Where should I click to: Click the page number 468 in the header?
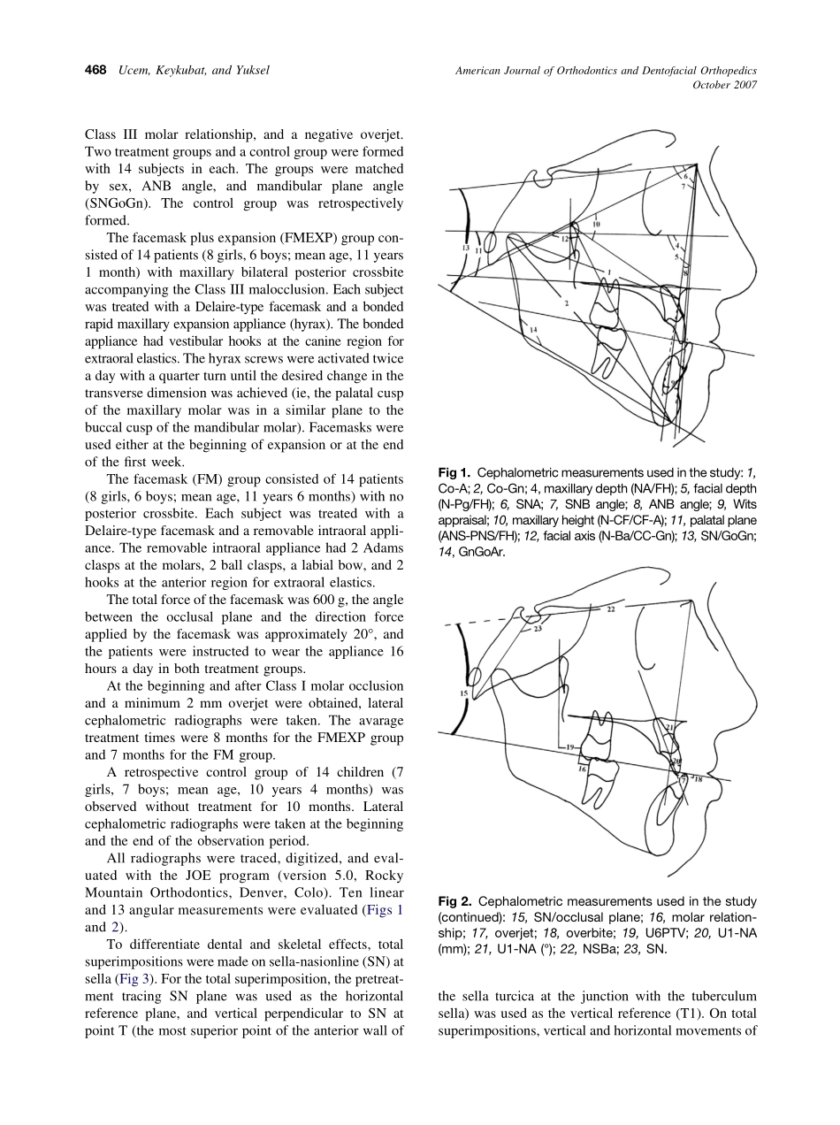click(95, 70)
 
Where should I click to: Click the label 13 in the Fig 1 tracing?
click(466, 249)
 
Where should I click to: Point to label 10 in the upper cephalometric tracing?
click(597, 225)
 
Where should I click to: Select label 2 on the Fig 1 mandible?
click(565, 303)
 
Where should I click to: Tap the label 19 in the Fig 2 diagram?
click(572, 747)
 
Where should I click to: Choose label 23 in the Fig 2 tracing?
click(538, 629)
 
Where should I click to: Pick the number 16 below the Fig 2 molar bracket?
click(582, 769)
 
